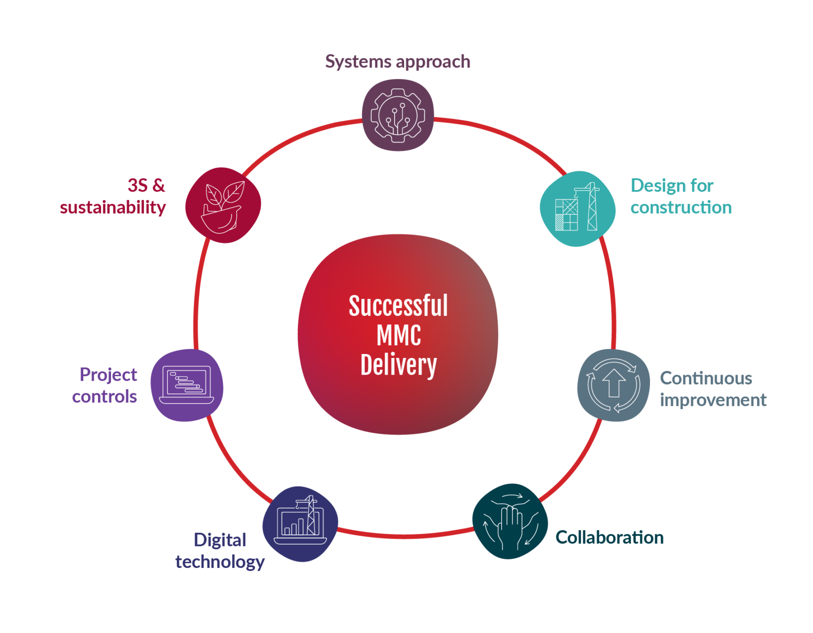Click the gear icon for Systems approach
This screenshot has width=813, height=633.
tap(397, 115)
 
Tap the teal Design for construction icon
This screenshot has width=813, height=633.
tap(577, 209)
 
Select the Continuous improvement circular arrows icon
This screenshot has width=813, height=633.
tap(614, 385)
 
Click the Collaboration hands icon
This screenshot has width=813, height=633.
tap(510, 522)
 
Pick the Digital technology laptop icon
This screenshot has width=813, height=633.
tap(300, 524)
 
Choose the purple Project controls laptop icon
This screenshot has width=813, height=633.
tap(187, 385)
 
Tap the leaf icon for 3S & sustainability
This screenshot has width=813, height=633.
tap(223, 205)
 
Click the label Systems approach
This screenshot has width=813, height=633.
tap(397, 62)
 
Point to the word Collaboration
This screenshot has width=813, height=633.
tap(610, 537)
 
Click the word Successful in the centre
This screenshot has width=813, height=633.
tap(398, 306)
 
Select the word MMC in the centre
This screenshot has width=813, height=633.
tap(398, 335)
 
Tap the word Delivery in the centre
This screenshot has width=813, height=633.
tap(398, 365)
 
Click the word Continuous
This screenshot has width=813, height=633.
tap(706, 378)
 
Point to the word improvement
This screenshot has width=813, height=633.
tap(713, 400)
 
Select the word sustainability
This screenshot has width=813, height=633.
tap(113, 208)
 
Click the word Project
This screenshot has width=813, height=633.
tap(109, 375)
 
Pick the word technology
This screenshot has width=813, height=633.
tap(220, 562)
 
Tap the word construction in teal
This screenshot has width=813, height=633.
tap(681, 207)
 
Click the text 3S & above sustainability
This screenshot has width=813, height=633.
tap(146, 185)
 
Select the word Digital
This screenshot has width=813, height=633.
tap(220, 540)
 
